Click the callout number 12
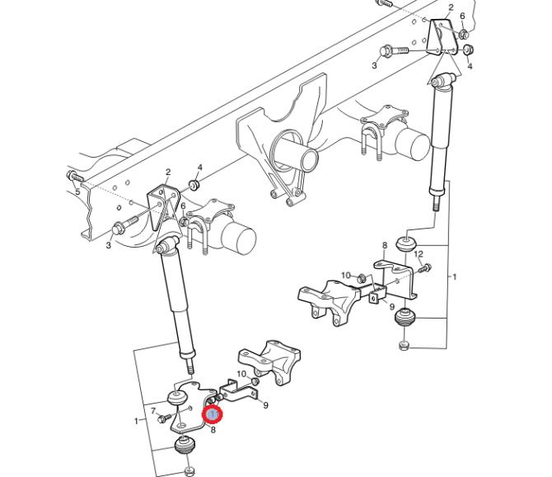coord(419,254)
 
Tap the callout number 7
coord(153,411)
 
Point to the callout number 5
coord(77,191)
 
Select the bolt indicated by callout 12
coord(425,268)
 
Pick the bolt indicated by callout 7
coord(165,418)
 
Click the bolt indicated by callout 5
coord(75,176)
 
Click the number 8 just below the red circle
coord(213,429)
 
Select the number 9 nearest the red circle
coord(265,405)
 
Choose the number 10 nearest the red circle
coord(241,374)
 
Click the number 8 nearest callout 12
coord(385,245)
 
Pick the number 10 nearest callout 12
coord(346,275)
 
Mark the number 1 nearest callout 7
coord(137,421)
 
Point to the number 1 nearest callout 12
coord(455,276)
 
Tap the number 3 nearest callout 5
coord(109,244)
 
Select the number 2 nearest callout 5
coord(168,172)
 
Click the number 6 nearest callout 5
coord(183,205)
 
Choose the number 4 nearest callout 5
coord(200,167)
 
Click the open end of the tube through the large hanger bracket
coord(308,160)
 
